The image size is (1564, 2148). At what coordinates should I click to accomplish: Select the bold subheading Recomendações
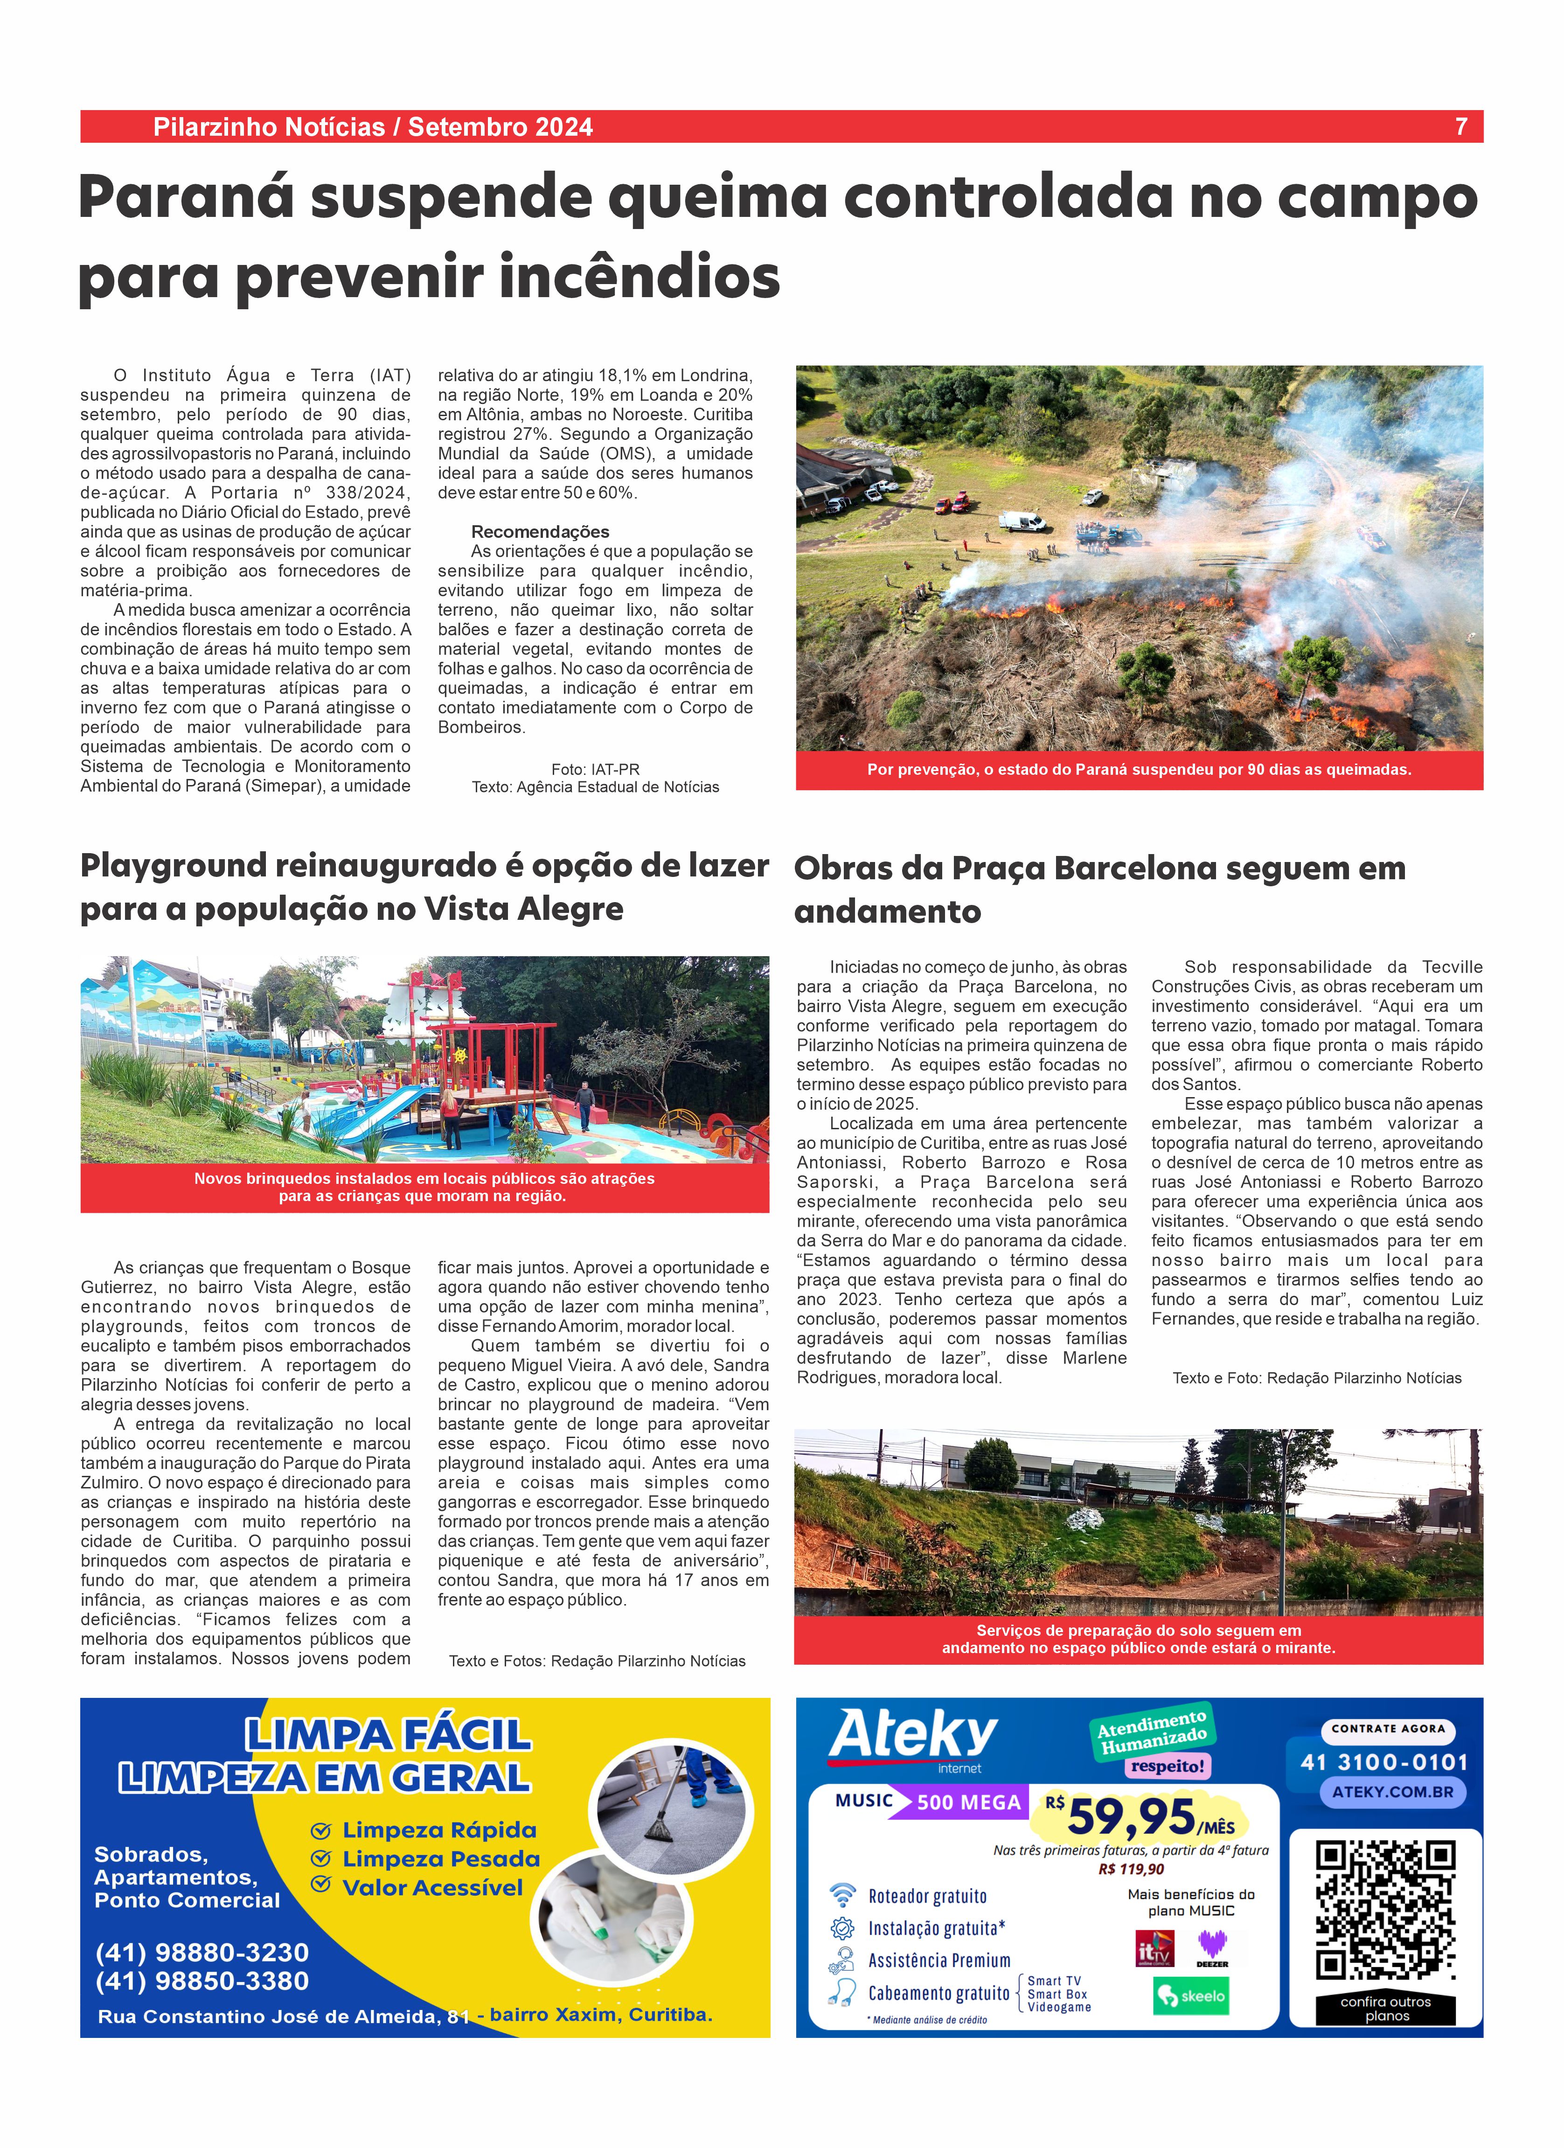[540, 531]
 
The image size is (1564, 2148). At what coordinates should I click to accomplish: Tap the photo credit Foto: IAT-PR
[595, 769]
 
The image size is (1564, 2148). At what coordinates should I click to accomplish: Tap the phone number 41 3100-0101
[1384, 1763]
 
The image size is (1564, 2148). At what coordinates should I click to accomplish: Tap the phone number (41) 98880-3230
[202, 1952]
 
